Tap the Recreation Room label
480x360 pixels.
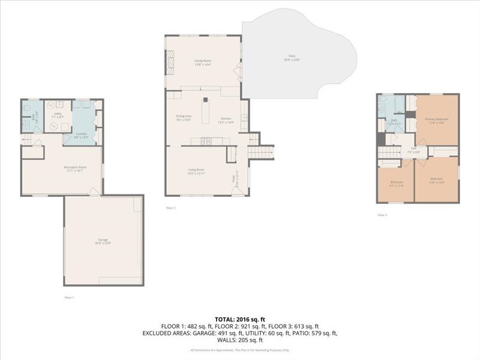pos(76,168)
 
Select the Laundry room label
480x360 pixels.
pos(81,134)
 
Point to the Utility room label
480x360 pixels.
pos(58,114)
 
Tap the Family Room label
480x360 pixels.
pos(202,61)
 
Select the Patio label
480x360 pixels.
pos(292,58)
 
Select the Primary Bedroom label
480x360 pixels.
pos(437,120)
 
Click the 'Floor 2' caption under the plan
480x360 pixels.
pos(171,208)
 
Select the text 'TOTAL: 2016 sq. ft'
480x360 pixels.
pos(239,319)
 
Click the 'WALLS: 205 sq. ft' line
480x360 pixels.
pos(240,340)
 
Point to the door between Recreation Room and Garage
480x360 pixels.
pos(92,192)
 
